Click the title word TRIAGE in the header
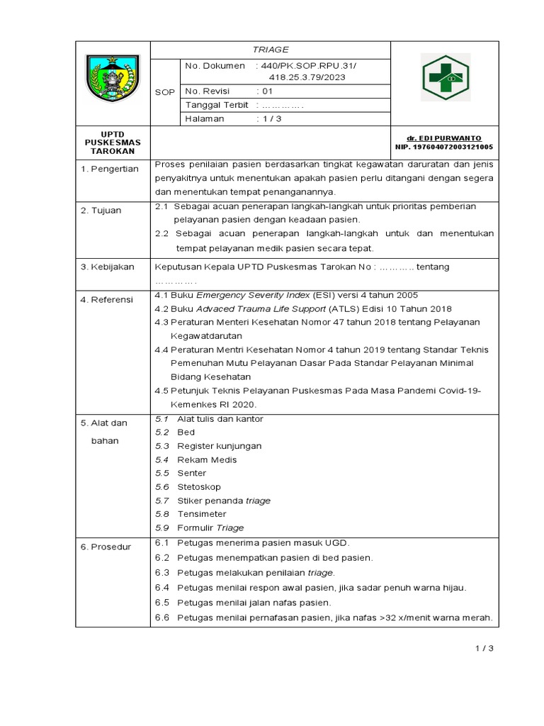(x=270, y=50)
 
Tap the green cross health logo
(x=445, y=78)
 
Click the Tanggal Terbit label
(x=217, y=105)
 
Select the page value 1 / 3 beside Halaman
(x=271, y=118)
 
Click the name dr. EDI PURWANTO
(x=444, y=138)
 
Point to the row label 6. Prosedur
(x=106, y=547)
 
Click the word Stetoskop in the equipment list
(x=199, y=487)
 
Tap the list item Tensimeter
(x=202, y=514)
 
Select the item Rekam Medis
(x=207, y=459)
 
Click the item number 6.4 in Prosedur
(x=162, y=588)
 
